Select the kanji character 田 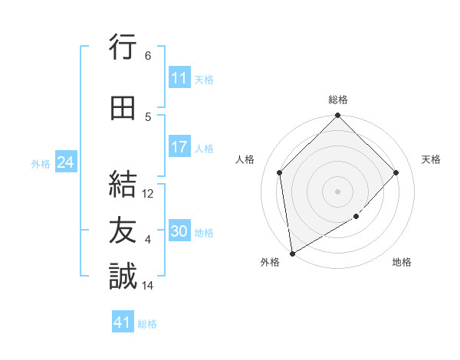123,108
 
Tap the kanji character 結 123,185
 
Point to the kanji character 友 123,231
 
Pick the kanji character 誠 123,276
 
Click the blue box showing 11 179,78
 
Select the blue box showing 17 179,147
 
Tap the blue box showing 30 179,231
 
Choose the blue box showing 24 65,162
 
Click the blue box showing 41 123,322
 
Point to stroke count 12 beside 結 149,194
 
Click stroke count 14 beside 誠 149,286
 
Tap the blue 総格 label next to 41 147,324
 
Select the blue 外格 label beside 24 41,164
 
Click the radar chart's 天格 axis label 432,159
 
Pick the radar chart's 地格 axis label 402,262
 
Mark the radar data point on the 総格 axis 337,116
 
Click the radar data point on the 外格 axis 292,253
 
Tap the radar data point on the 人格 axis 280,172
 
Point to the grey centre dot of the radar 337,191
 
